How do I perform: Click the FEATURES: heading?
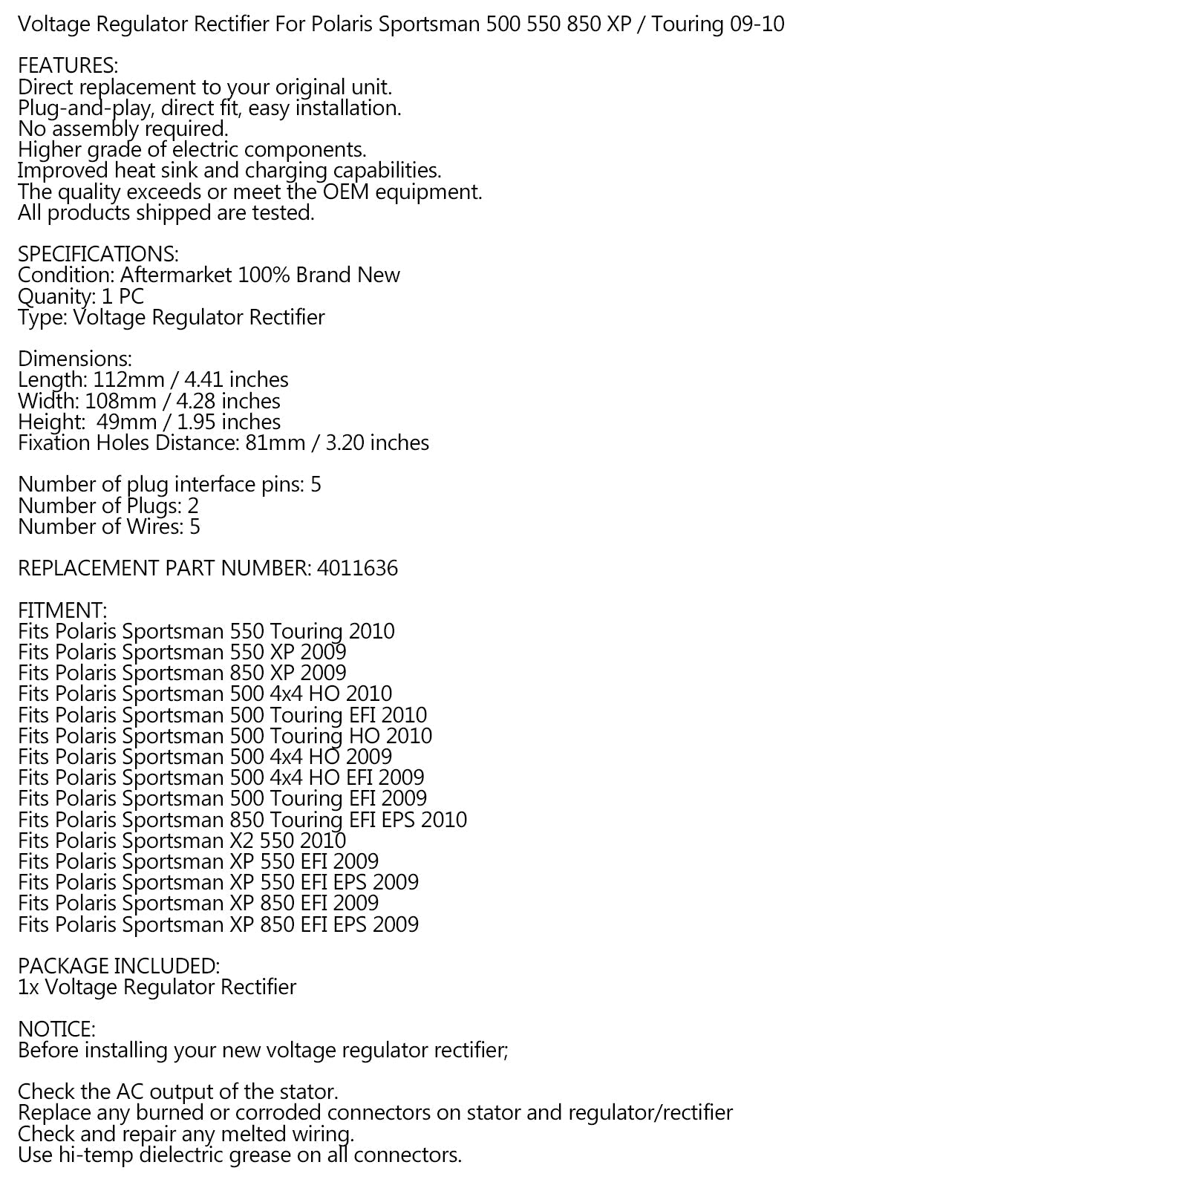68,66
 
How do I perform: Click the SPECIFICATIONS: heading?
98,254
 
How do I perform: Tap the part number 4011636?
357,569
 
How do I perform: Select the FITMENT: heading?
62,610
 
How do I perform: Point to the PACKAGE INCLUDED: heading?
119,966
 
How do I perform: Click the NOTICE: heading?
56,1029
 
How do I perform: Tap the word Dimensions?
75,359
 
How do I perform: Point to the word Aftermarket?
175,275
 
